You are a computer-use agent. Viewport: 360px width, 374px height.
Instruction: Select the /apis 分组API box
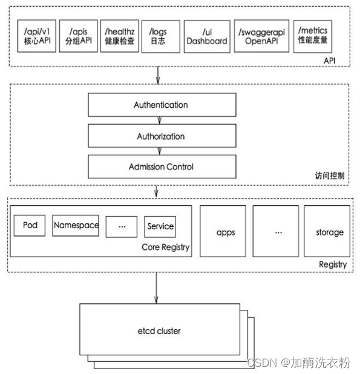pyautogui.click(x=79, y=36)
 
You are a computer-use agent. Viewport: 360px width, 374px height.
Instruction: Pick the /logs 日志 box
pyautogui.click(x=160, y=36)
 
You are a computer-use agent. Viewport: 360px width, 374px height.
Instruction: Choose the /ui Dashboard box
pyautogui.click(x=206, y=36)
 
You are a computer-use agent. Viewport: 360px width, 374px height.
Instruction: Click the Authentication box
pyautogui.click(x=160, y=105)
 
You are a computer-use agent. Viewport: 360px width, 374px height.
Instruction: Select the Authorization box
pyautogui.click(x=160, y=136)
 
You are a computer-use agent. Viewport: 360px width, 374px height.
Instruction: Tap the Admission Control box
pyautogui.click(x=160, y=166)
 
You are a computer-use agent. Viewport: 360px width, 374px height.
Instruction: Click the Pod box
pyautogui.click(x=30, y=225)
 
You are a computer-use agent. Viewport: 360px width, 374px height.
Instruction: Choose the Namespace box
pyautogui.click(x=76, y=225)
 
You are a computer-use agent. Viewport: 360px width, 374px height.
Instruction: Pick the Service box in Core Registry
pyautogui.click(x=160, y=226)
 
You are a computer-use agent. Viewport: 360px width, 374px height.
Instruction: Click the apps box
pyautogui.click(x=225, y=232)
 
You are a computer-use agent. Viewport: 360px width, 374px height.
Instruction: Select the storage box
pyautogui.click(x=329, y=232)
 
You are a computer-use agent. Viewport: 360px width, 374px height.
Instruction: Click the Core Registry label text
pyautogui.click(x=165, y=247)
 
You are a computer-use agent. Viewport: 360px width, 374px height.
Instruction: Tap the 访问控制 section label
pyautogui.click(x=331, y=176)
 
